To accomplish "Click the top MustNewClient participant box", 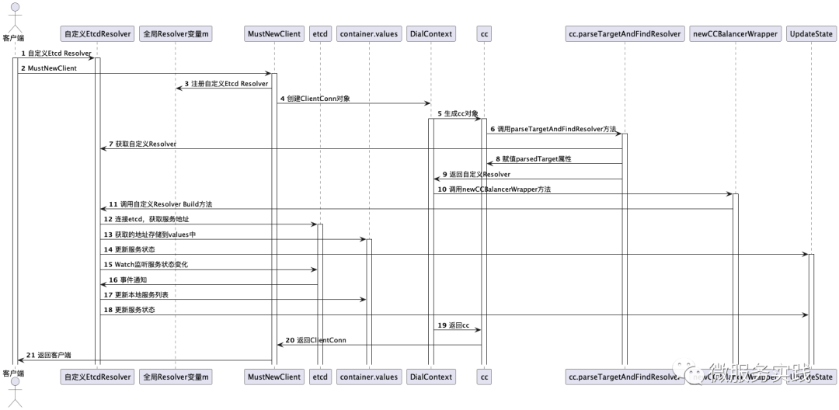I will click(273, 34).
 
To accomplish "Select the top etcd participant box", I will click(319, 34).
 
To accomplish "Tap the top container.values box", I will click(368, 34).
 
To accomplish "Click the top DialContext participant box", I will click(430, 34).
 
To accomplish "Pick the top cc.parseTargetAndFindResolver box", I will click(624, 34).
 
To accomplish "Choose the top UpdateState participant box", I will click(811, 34).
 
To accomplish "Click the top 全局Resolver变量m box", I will click(176, 34).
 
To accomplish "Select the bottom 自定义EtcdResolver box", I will click(97, 377).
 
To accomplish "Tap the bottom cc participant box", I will click(483, 377).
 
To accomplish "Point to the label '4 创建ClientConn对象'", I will click(315, 99).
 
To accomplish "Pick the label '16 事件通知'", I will click(127, 280).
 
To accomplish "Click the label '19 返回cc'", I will click(454, 325).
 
